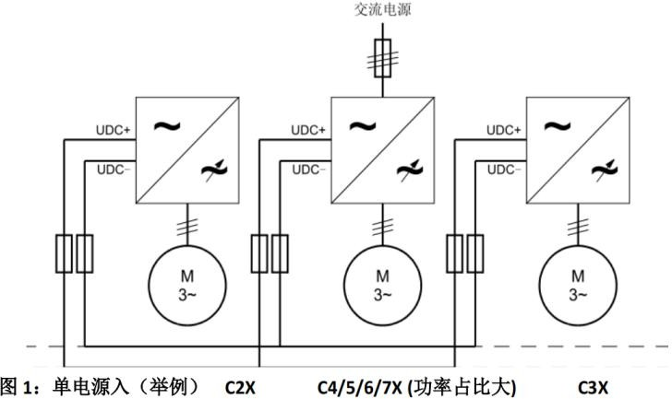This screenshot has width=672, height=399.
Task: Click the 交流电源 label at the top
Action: [381, 12]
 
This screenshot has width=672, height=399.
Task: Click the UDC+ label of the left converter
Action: [114, 132]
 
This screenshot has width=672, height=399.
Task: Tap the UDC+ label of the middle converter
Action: [309, 132]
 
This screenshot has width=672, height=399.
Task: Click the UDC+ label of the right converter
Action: [504, 132]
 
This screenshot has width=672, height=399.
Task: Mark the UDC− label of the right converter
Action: [504, 170]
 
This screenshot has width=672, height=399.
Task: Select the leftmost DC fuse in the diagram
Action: [64, 254]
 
